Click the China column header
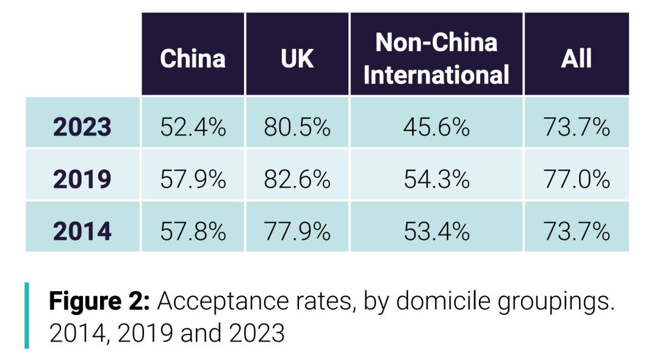pyautogui.click(x=193, y=59)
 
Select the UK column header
pyautogui.click(x=297, y=59)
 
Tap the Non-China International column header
pyautogui.click(x=436, y=59)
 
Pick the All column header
pyautogui.click(x=576, y=59)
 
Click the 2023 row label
pyautogui.click(x=82, y=128)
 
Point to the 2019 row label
pyautogui.click(x=82, y=179)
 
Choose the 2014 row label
pyautogui.click(x=82, y=231)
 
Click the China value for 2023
pyautogui.click(x=193, y=128)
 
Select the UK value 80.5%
pyautogui.click(x=297, y=128)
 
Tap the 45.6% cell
pyautogui.click(x=436, y=128)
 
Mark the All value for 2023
pyautogui.click(x=576, y=128)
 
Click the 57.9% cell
pyautogui.click(x=193, y=179)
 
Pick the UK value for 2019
pyautogui.click(x=297, y=179)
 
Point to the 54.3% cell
pyautogui.click(x=436, y=179)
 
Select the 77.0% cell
pyautogui.click(x=576, y=179)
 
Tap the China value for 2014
pyautogui.click(x=193, y=231)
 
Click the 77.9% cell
pyautogui.click(x=297, y=231)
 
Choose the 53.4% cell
pyautogui.click(x=436, y=231)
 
